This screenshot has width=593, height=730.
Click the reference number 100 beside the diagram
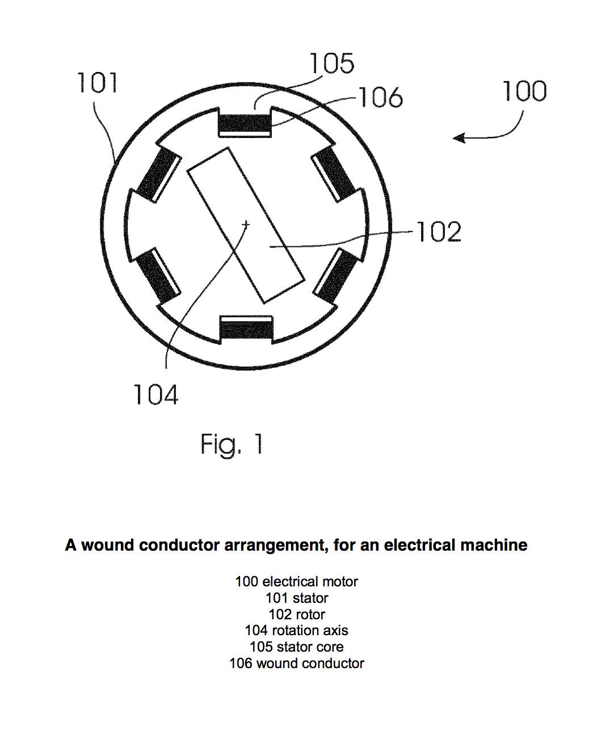click(x=525, y=91)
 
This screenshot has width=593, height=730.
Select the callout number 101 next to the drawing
click(x=98, y=83)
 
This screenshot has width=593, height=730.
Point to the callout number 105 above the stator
click(x=332, y=63)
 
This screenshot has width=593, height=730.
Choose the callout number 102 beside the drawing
click(x=439, y=232)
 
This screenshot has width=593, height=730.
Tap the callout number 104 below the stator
click(x=156, y=395)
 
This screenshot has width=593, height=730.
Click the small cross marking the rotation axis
click(x=246, y=225)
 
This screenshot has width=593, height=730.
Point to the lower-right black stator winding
click(x=335, y=275)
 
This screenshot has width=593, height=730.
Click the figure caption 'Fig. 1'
click(x=232, y=444)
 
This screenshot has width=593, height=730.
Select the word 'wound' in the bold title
click(x=108, y=545)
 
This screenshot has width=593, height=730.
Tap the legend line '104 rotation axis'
click(x=296, y=630)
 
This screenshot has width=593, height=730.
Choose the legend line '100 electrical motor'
click(x=296, y=581)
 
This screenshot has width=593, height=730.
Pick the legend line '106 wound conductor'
click(x=296, y=663)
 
